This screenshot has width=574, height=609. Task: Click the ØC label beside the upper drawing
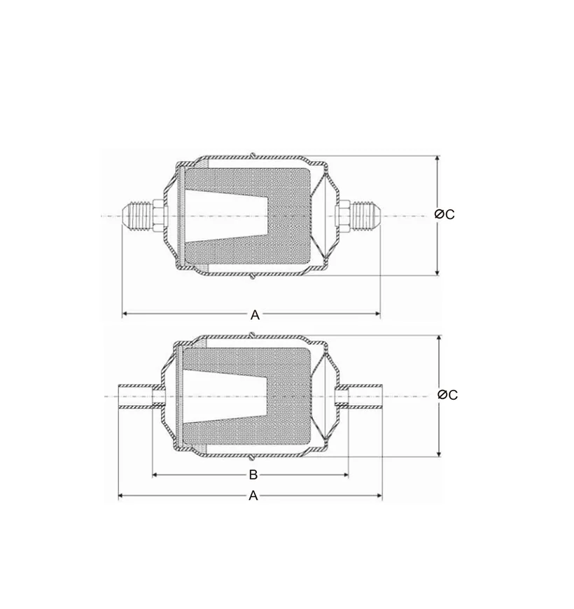coord(444,214)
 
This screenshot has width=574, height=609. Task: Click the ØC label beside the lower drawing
coord(447,395)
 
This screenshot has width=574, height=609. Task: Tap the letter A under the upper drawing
coord(255,315)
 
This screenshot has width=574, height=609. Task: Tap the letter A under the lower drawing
coord(253,496)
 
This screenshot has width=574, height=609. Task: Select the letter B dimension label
coord(253,475)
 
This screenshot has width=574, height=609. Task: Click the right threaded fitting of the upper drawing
coord(364,215)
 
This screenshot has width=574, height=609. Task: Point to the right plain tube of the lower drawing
coord(365,396)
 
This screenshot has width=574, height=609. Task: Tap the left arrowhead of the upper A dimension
coord(126,314)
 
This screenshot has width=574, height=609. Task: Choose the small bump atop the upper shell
coord(253,153)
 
